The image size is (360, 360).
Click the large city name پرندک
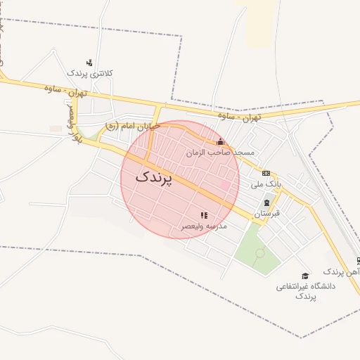coord(153,177)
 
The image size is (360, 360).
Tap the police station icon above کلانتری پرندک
coord(89,63)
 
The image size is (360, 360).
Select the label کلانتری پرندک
coord(90,73)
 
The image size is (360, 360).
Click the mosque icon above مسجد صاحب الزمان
coord(220,142)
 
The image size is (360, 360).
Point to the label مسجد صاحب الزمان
coord(219,152)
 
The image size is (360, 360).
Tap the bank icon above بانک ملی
coord(266,173)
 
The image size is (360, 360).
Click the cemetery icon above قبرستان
coord(266,202)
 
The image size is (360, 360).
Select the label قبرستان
coord(266,212)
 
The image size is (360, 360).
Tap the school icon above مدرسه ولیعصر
coord(204,216)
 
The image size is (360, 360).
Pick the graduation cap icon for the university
coord(305,276)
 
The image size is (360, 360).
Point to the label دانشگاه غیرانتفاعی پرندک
coord(305,291)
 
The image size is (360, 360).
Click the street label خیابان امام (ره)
coord(131,126)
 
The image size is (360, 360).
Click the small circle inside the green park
coord(259,252)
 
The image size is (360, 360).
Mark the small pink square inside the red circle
coord(226,185)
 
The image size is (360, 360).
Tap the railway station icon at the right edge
coord(358,260)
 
